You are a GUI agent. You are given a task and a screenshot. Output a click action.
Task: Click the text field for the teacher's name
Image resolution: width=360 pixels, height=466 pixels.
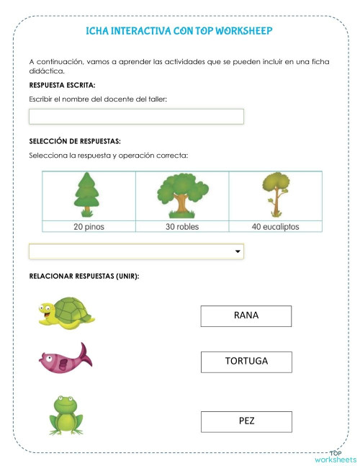click(136, 117)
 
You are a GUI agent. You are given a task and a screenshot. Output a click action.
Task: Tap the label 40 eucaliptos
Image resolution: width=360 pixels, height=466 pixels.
click(275, 226)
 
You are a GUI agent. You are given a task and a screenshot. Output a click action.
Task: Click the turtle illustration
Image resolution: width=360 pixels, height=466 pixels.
click(66, 313)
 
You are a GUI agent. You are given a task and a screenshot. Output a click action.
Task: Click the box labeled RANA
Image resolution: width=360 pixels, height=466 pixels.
click(246, 316)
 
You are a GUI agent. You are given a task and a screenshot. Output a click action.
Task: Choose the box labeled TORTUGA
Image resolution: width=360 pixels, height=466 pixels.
click(246, 362)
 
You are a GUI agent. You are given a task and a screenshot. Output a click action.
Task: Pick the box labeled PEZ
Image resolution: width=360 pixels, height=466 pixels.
click(246, 421)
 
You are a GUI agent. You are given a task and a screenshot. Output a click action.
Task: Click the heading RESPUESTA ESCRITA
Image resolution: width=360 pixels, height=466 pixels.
click(62, 86)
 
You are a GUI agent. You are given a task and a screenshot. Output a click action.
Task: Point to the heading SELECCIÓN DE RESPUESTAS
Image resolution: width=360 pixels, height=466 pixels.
click(75, 142)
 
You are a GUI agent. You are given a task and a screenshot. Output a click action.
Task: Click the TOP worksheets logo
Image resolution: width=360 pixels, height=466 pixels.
click(335, 457)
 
